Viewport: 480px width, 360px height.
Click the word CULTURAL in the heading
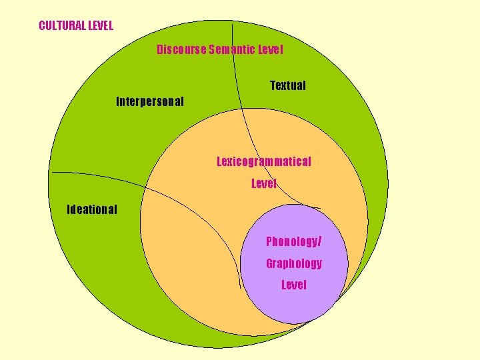[x=62, y=26]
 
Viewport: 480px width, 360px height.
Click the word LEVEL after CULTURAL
[x=101, y=26]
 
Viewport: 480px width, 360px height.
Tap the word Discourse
[x=181, y=49]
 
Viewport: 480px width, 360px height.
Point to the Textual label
[x=288, y=85]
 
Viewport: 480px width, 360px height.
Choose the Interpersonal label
[x=150, y=102]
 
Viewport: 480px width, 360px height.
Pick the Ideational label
[x=92, y=210]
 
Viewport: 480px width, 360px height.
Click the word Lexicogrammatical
[x=264, y=161]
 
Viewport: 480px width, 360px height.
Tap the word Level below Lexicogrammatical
[x=264, y=183]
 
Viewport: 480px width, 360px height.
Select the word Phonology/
[x=294, y=241]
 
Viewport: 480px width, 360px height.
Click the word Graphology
[x=294, y=263]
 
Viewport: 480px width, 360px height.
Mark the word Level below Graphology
[x=294, y=285]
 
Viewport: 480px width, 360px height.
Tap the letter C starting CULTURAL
[x=42, y=26]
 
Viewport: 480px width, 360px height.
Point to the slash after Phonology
[x=321, y=241]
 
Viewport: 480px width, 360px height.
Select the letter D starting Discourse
[x=160, y=49]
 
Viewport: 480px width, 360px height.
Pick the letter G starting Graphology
[x=269, y=263]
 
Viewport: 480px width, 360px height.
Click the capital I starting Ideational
[x=69, y=210]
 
